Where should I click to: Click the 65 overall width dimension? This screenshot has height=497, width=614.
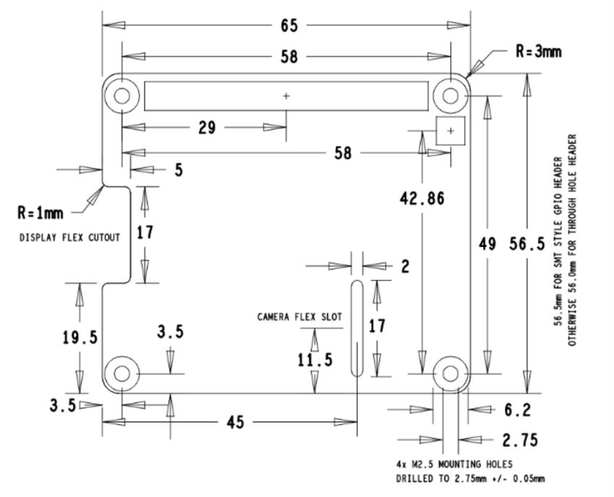click(287, 25)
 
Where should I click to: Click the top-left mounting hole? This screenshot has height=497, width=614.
click(122, 95)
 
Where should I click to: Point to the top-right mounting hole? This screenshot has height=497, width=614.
click(451, 95)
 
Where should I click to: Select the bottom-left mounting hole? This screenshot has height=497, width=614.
click(122, 373)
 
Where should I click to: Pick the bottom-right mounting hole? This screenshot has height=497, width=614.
click(451, 373)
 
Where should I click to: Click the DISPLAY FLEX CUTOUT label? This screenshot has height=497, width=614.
click(69, 238)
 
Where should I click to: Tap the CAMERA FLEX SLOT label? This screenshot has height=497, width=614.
click(299, 316)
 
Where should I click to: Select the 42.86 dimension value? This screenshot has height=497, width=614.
click(422, 199)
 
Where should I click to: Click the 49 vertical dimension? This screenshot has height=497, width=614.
click(488, 244)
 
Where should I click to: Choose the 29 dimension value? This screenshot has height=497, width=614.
click(206, 128)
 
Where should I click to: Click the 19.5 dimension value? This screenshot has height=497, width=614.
click(79, 337)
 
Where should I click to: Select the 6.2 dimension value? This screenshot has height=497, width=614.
click(517, 410)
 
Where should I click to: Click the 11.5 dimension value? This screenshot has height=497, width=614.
click(314, 359)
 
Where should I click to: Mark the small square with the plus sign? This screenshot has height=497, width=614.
click(450, 131)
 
